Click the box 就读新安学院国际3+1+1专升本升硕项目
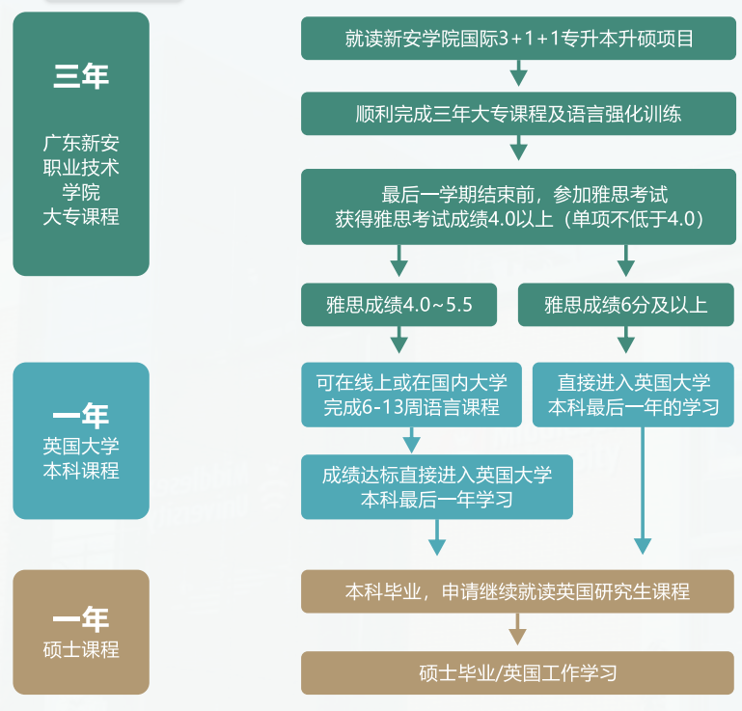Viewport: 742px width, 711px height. (518, 39)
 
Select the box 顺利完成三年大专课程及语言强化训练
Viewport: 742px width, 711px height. (518, 113)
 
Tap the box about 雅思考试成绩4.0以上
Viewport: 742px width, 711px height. (518, 206)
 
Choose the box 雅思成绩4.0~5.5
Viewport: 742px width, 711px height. (398, 305)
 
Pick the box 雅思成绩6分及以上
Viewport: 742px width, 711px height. (625, 305)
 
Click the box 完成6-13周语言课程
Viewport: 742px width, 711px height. (411, 395)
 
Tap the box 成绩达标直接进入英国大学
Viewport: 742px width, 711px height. (436, 486)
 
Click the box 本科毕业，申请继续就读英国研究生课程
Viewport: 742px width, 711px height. (518, 590)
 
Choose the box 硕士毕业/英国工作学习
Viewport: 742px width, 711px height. (518, 672)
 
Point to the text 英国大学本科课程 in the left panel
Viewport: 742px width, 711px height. (81, 458)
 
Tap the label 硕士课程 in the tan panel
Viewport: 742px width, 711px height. (81, 649)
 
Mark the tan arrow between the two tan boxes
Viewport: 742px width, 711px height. (518, 632)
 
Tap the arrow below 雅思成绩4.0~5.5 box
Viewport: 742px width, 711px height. (398, 341)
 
